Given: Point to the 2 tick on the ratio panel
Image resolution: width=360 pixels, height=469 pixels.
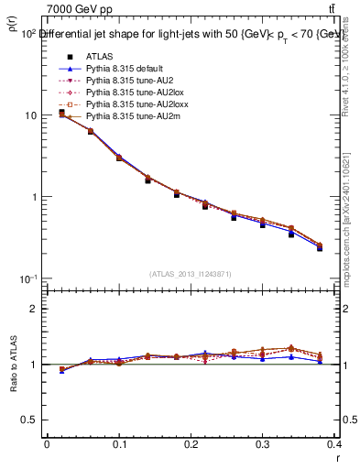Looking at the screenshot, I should (x=34, y=309).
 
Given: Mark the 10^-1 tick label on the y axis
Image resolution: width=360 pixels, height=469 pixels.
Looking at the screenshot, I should (x=28, y=278).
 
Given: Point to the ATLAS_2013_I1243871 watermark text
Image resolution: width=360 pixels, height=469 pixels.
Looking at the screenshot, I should (x=191, y=274).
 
